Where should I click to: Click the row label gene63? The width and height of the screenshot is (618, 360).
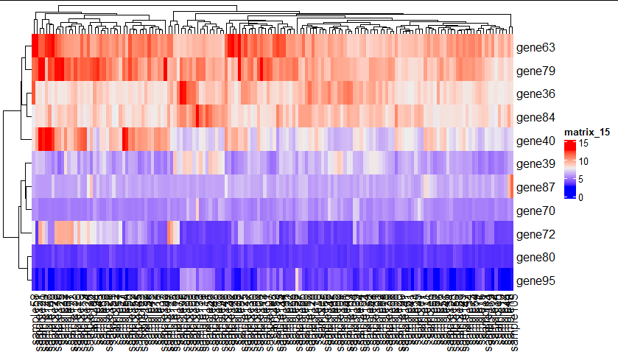pyautogui.click(x=536, y=48)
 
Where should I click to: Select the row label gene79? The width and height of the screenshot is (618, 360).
pyautogui.click(x=536, y=71)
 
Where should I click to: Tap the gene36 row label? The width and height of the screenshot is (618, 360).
pyautogui.click(x=536, y=94)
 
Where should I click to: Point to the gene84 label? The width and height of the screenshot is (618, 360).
pyautogui.click(x=536, y=118)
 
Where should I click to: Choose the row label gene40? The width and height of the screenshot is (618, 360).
pyautogui.click(x=536, y=141)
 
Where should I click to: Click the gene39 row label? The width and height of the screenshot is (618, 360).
pyautogui.click(x=536, y=164)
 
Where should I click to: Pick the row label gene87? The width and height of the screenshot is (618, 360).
pyautogui.click(x=536, y=188)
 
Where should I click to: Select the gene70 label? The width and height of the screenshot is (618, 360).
pyautogui.click(x=536, y=211)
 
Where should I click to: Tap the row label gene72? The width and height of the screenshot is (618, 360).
pyautogui.click(x=536, y=235)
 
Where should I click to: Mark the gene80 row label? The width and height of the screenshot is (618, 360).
pyautogui.click(x=536, y=258)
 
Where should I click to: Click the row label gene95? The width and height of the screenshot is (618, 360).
pyautogui.click(x=536, y=281)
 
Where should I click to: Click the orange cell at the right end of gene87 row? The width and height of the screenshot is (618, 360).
pyautogui.click(x=511, y=188)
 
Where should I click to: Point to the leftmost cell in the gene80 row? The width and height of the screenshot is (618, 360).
pyautogui.click(x=35, y=258)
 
